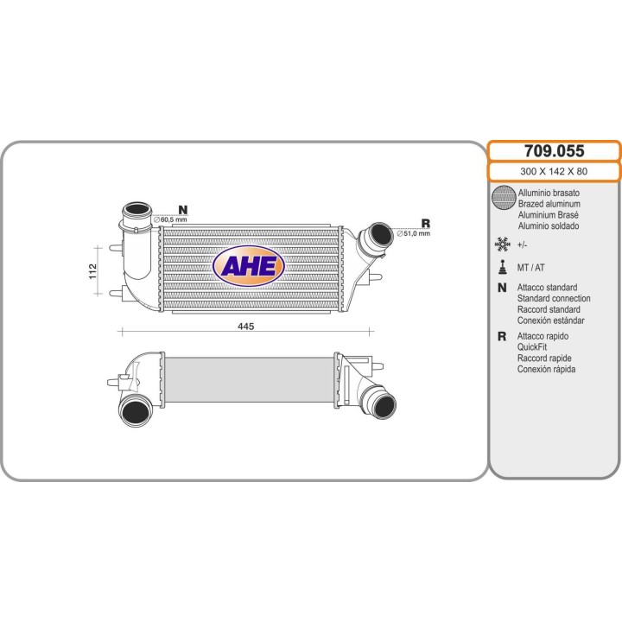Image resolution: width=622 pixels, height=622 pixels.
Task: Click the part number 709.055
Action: point(554,151)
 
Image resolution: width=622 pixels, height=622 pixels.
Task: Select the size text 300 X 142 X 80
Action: point(554,171)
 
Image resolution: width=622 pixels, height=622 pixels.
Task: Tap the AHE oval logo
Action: point(249,266)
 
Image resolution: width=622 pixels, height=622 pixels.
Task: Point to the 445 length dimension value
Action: point(245,327)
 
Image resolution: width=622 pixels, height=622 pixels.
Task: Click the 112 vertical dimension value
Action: point(92,271)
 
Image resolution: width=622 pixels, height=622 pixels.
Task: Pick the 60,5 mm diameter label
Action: point(170,219)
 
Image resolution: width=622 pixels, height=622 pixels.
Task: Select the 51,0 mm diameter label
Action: point(413,233)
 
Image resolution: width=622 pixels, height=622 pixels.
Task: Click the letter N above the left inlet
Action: point(182,209)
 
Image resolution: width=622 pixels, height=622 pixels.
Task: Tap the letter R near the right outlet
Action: point(425,224)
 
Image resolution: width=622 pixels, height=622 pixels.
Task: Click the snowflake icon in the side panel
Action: point(502,244)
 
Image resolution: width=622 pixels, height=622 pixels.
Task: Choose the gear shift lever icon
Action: point(503,267)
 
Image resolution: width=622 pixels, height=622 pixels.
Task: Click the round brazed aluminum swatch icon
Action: point(504,197)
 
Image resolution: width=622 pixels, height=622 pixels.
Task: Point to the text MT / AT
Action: point(530,268)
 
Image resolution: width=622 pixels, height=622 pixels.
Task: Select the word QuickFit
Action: point(531,347)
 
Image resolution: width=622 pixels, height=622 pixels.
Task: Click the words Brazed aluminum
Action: point(549,204)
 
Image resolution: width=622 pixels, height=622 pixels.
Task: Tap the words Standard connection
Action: point(554,298)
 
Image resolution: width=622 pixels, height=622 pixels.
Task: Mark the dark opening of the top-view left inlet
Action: point(136,209)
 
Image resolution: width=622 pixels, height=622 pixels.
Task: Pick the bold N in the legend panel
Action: point(502,287)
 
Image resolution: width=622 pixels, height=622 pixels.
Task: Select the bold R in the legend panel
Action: point(502,336)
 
